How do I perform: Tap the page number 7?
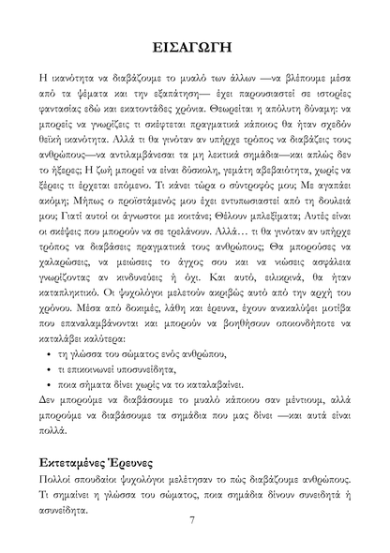point(192,521)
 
